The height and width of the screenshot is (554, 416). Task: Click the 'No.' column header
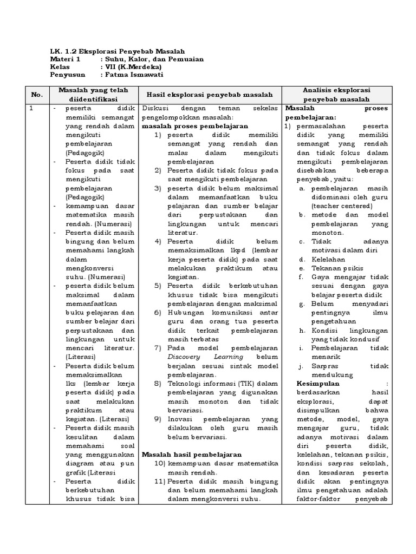click(x=36, y=95)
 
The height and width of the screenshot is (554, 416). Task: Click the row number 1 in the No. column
click(x=32, y=108)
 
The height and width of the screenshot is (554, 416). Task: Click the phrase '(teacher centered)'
click(x=337, y=206)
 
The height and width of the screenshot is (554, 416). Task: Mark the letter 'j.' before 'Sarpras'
click(x=301, y=365)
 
